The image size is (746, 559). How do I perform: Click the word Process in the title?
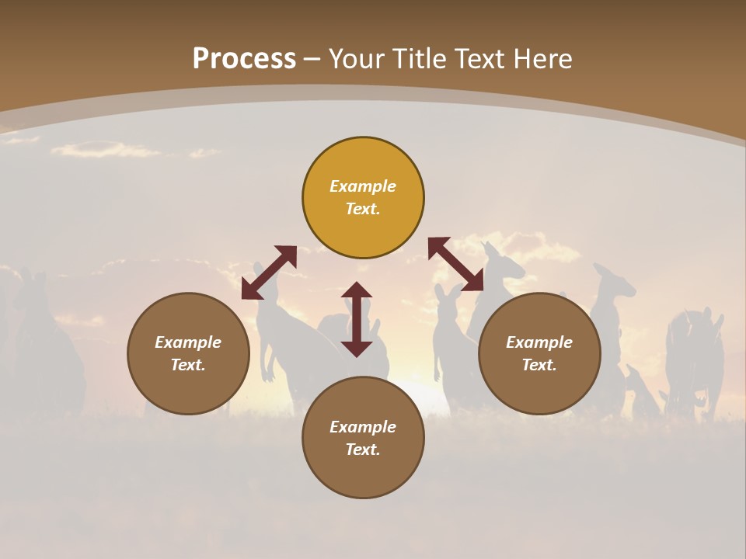(244, 59)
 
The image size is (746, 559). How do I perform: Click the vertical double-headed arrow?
(357, 319)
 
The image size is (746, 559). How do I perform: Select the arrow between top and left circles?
(269, 273)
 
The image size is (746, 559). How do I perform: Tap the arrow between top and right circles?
(456, 265)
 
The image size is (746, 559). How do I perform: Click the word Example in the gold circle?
(363, 186)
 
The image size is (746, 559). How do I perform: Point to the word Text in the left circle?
(188, 365)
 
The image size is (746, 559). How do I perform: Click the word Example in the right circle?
(539, 342)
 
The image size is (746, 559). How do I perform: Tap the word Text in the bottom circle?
(363, 450)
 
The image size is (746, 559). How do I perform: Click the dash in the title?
(312, 59)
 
